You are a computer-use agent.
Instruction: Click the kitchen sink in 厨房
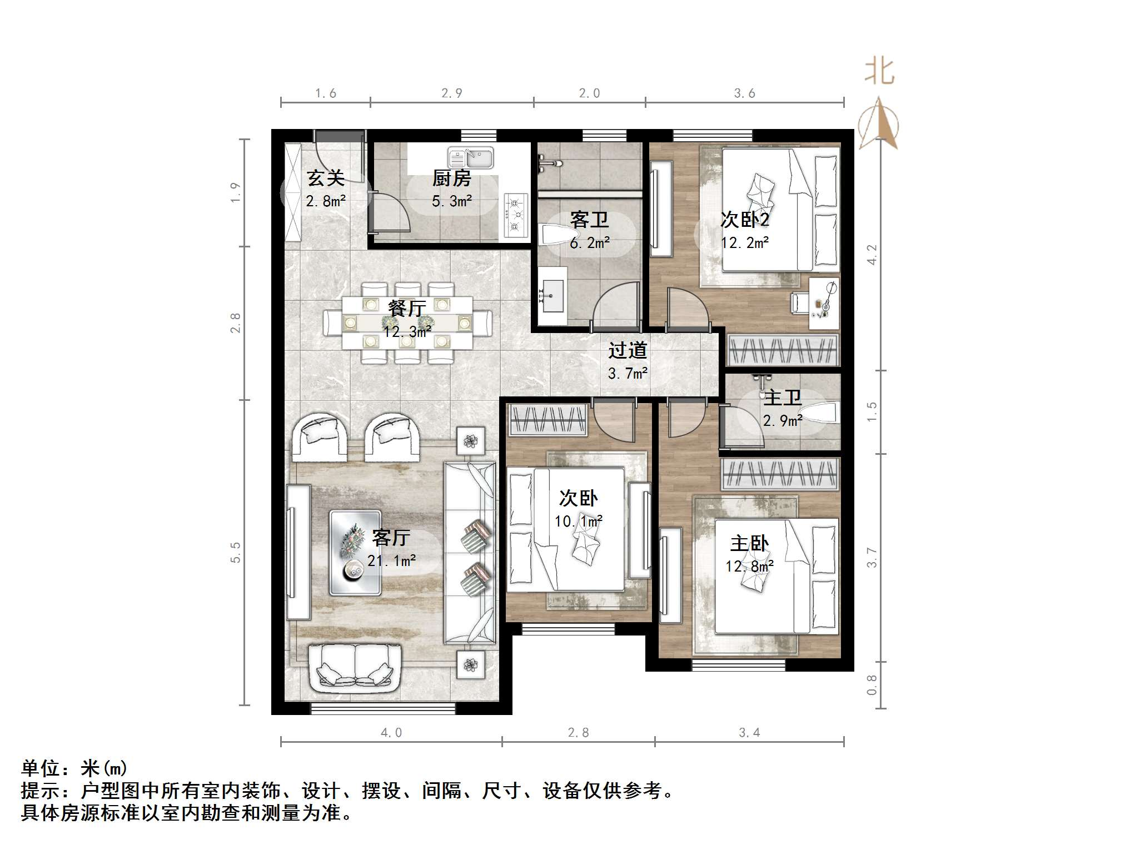coord(470,157)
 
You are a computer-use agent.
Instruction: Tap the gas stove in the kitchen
coord(515,215)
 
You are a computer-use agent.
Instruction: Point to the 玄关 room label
coord(326,178)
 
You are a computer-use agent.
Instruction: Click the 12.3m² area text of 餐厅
coord(407,332)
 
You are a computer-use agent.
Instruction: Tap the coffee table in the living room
coord(355,553)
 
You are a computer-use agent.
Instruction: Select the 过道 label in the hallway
coord(628,350)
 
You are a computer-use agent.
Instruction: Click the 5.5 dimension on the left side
coord(236,552)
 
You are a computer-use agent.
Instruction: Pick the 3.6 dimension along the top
coord(744,93)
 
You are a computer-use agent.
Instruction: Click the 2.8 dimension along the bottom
coord(578,733)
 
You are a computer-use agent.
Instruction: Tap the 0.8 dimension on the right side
coord(872,684)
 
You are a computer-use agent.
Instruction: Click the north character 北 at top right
coord(879,72)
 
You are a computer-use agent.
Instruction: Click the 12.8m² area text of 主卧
coord(749,566)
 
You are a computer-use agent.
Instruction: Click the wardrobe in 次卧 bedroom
coord(549,420)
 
